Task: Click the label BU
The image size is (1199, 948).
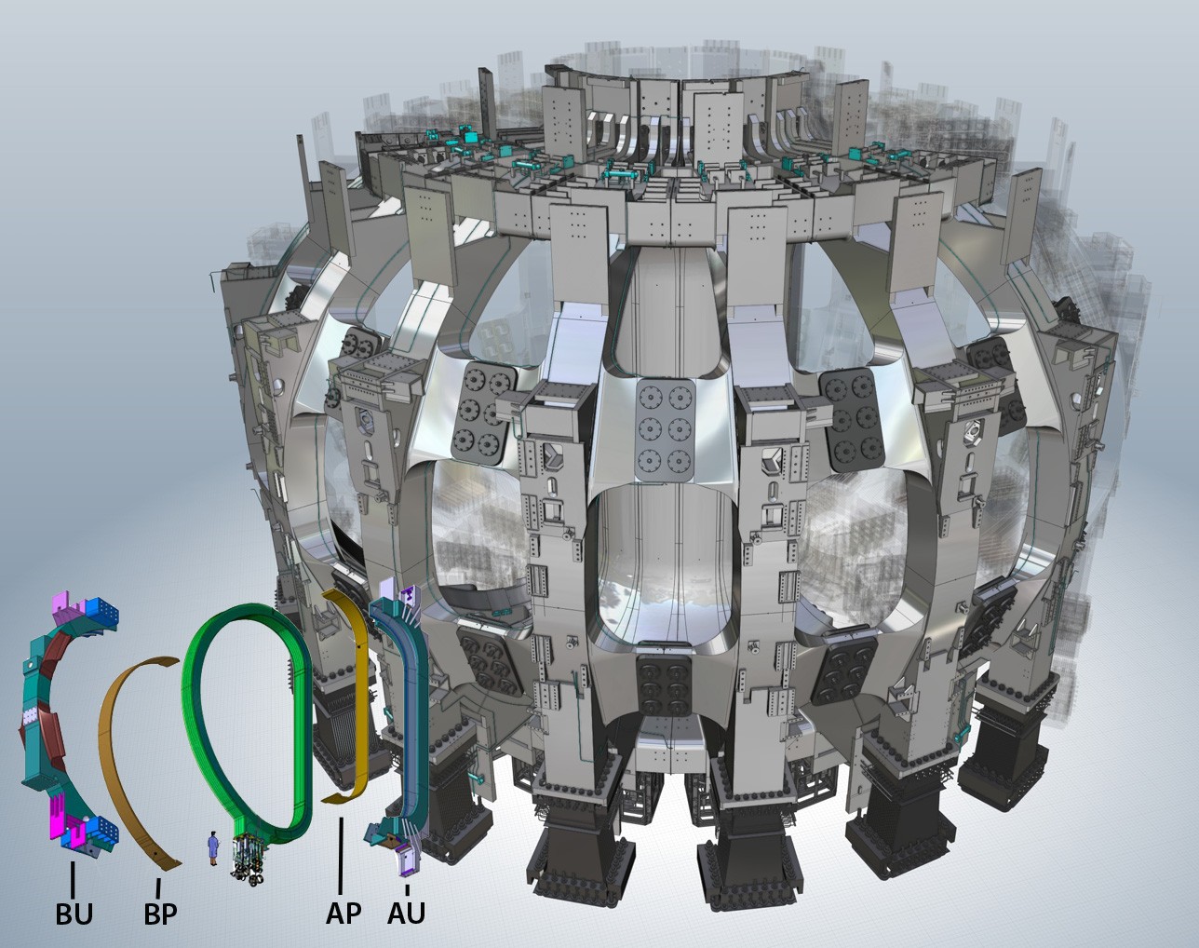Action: (x=74, y=914)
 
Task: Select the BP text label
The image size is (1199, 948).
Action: (x=160, y=914)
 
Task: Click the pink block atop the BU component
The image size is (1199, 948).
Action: (x=63, y=603)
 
